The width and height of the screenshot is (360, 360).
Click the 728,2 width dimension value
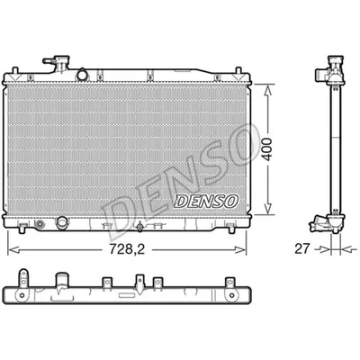tap(127, 249)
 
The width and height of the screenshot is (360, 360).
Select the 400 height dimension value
tap(267, 149)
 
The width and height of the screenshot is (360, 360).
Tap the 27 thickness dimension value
tap(301, 248)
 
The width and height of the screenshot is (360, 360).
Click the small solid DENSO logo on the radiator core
tap(206, 201)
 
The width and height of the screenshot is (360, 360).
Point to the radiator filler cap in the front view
tap(61, 62)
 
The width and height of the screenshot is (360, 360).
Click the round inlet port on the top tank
tap(82, 75)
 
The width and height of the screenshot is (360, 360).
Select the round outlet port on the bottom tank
tap(62, 222)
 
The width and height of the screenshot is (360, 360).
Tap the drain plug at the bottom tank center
tap(139, 227)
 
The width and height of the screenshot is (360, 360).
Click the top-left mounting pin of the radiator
tap(15, 70)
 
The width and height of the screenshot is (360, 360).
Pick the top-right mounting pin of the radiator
tap(238, 70)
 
